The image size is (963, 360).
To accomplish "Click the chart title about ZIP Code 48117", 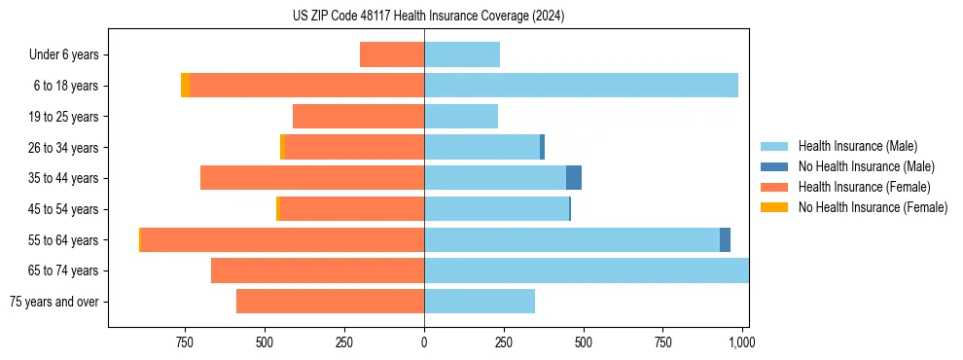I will pyautogui.click(x=428, y=16).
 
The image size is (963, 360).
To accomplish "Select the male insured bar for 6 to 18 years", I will pyautogui.click(x=581, y=86).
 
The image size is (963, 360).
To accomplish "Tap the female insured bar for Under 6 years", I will pyautogui.click(x=392, y=54).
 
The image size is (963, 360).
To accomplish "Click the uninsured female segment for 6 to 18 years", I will pyautogui.click(x=185, y=86).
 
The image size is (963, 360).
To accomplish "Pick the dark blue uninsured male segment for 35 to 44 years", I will pyautogui.click(x=574, y=178).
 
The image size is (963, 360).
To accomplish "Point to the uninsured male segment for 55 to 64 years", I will pyautogui.click(x=725, y=239).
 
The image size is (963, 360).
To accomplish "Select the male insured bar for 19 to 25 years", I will pyautogui.click(x=461, y=117).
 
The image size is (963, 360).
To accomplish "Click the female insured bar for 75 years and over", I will pyautogui.click(x=330, y=302).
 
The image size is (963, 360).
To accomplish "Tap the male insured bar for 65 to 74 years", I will pyautogui.click(x=586, y=270).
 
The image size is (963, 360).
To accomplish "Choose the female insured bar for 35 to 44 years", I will pyautogui.click(x=312, y=178).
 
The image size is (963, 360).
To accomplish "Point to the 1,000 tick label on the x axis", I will pyautogui.click(x=741, y=342).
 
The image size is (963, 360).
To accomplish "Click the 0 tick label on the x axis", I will pyautogui.click(x=424, y=342).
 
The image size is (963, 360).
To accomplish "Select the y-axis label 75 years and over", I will pyautogui.click(x=57, y=302).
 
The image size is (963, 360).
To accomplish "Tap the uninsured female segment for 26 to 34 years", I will pyautogui.click(x=282, y=147).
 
